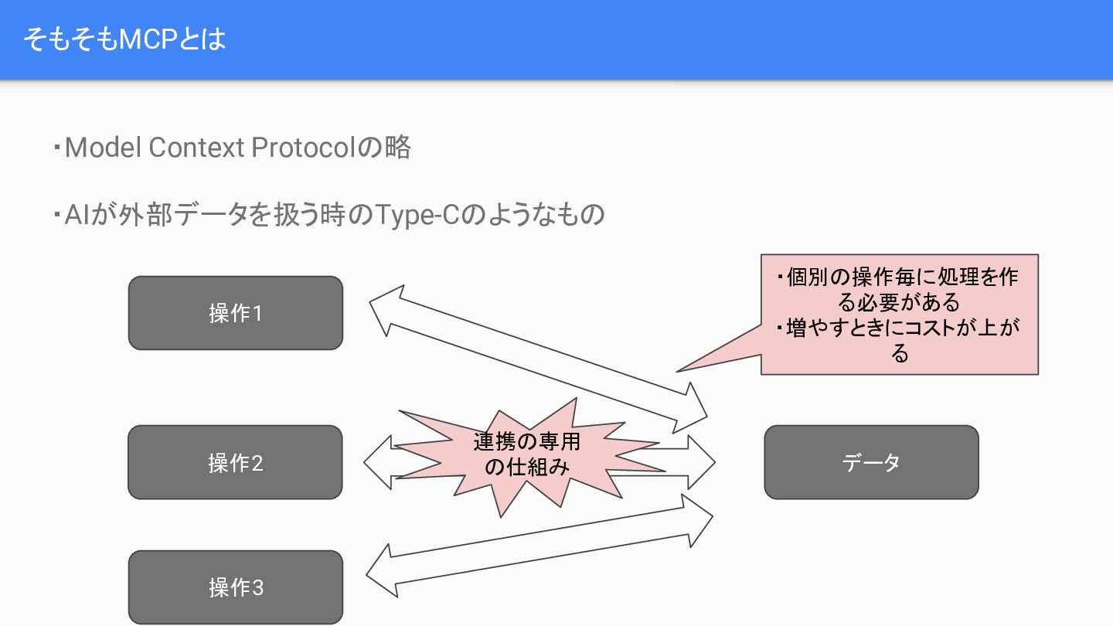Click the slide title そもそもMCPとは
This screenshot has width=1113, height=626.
coord(124,39)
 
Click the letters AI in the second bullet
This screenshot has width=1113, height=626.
coord(77,214)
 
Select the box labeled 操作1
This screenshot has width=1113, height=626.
coord(235,313)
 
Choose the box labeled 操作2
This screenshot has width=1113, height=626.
coord(235,462)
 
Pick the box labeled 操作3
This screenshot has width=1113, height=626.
coord(235,587)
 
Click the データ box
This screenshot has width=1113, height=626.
coord(871,462)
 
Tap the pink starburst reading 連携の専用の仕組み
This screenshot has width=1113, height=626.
coord(526,456)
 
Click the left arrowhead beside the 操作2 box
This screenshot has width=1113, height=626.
coord(379,462)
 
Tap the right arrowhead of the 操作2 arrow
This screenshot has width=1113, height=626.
coord(700,462)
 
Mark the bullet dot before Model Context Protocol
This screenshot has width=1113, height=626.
coord(57,147)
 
